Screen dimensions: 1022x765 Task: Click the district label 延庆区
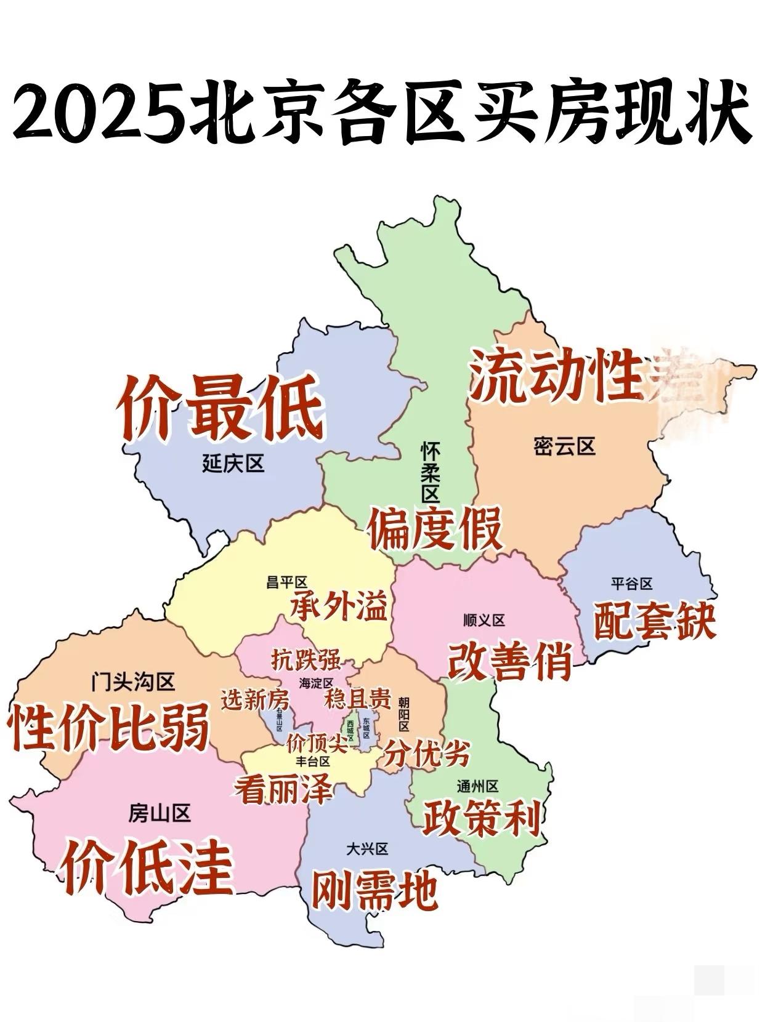point(233,462)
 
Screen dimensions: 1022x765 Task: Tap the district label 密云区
point(565,446)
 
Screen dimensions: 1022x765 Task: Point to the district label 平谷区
point(631,582)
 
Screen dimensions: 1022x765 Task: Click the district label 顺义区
point(484,620)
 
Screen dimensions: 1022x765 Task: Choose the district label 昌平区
point(286,582)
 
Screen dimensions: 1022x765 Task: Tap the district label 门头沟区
point(132,682)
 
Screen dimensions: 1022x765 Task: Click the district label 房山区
point(160,813)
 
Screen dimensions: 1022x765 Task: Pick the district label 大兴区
point(367,849)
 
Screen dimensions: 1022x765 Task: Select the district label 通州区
point(477,786)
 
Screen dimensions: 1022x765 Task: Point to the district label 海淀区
point(316,683)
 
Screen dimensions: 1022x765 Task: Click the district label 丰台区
point(313,761)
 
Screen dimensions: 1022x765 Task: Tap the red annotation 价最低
point(221,408)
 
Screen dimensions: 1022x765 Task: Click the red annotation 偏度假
point(435,529)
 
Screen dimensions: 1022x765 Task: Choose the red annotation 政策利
point(481,818)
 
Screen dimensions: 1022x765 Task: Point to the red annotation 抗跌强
point(306,660)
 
